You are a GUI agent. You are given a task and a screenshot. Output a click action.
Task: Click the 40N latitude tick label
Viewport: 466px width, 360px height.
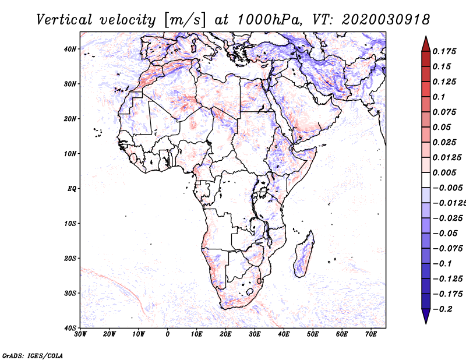coord(70,49)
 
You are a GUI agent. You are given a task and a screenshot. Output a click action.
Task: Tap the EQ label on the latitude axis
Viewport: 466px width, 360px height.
coord(72,189)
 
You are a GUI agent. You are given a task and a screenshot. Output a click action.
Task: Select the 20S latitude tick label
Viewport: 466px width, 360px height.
coord(70,258)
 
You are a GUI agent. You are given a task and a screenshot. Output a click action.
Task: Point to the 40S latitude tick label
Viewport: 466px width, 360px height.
coord(70,328)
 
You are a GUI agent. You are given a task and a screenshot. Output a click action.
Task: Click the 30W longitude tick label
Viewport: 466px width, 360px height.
coord(80,334)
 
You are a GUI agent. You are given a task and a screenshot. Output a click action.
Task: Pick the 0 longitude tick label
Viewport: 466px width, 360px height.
coord(168,334)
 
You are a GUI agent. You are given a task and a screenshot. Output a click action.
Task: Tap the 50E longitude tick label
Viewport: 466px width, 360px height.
coord(313,334)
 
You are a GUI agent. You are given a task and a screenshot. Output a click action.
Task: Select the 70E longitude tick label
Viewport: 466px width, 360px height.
coord(371,334)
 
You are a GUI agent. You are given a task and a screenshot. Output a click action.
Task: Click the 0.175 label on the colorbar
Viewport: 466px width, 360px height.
coord(444,51)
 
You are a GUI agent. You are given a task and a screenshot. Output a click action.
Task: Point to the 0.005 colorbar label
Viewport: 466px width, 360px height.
coord(444,172)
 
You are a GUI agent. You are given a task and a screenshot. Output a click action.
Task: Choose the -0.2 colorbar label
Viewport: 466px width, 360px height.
coord(443,309)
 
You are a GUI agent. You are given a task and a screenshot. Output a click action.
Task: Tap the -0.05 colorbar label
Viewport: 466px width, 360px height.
coord(445,234)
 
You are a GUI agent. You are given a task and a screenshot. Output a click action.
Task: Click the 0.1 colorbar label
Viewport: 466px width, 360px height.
coord(439,97)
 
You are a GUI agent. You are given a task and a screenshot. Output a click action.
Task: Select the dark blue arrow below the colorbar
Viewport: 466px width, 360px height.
coord(426,316)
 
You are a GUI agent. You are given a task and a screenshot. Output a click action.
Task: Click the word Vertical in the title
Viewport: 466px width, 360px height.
coord(65,20)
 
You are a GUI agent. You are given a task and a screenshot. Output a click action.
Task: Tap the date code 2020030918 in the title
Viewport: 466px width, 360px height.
coord(386,20)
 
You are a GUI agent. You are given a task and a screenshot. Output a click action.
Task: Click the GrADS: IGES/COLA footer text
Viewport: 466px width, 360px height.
coord(33,356)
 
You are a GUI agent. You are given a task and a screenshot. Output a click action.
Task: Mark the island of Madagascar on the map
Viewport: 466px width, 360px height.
coord(303,254)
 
